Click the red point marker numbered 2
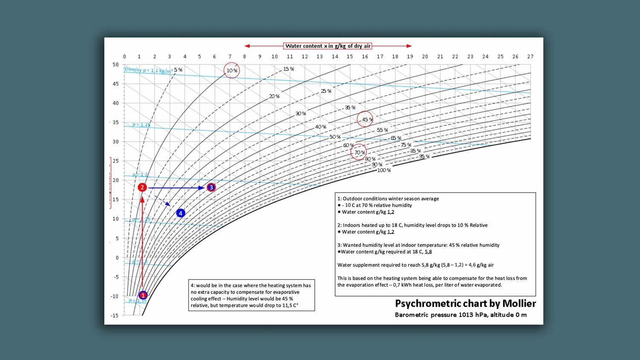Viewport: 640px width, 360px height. click(x=142, y=187)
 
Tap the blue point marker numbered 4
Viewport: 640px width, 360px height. click(x=181, y=213)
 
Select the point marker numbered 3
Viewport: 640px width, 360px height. click(x=211, y=187)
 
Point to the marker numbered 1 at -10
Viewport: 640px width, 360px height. click(x=143, y=295)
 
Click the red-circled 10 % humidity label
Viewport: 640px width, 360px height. click(x=232, y=70)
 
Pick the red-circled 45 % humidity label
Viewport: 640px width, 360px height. click(x=365, y=119)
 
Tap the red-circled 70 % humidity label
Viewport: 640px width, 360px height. click(x=359, y=152)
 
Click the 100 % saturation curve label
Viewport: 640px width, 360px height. click(x=384, y=170)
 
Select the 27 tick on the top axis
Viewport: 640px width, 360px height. click(x=530, y=56)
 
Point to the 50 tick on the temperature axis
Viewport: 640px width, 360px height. click(x=116, y=65)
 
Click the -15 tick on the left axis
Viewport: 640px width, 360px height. click(x=115, y=316)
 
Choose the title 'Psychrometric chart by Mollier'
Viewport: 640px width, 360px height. click(x=465, y=303)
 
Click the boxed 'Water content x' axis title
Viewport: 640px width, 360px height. click(x=328, y=46)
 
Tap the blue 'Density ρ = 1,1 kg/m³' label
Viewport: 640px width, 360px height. click(x=148, y=70)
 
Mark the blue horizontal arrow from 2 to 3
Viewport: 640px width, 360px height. click(x=177, y=188)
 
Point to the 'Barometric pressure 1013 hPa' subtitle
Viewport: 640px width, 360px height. click(x=460, y=315)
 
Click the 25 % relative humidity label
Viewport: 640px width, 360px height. click(x=326, y=91)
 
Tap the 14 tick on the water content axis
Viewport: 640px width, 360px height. click(x=335, y=56)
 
